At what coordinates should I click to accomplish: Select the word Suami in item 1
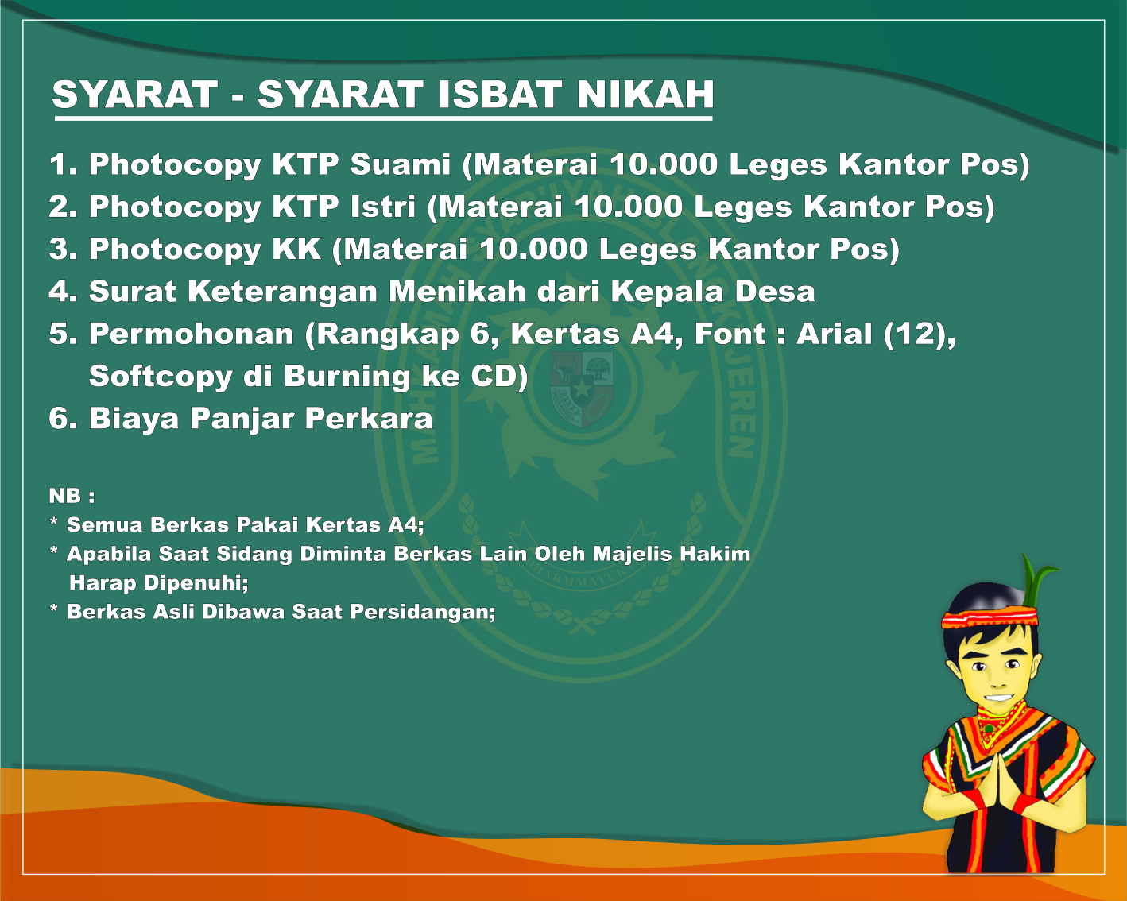[400, 164]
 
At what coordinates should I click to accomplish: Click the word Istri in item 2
[383, 207]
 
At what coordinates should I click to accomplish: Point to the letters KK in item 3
[296, 249]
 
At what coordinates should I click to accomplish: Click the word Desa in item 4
[775, 291]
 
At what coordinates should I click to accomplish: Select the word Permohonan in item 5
[192, 334]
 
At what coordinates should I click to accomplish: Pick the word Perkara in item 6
[369, 418]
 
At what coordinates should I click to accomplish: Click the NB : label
[72, 496]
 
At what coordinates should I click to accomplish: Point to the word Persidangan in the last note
[423, 612]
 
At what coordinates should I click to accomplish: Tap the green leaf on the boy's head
[1037, 580]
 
